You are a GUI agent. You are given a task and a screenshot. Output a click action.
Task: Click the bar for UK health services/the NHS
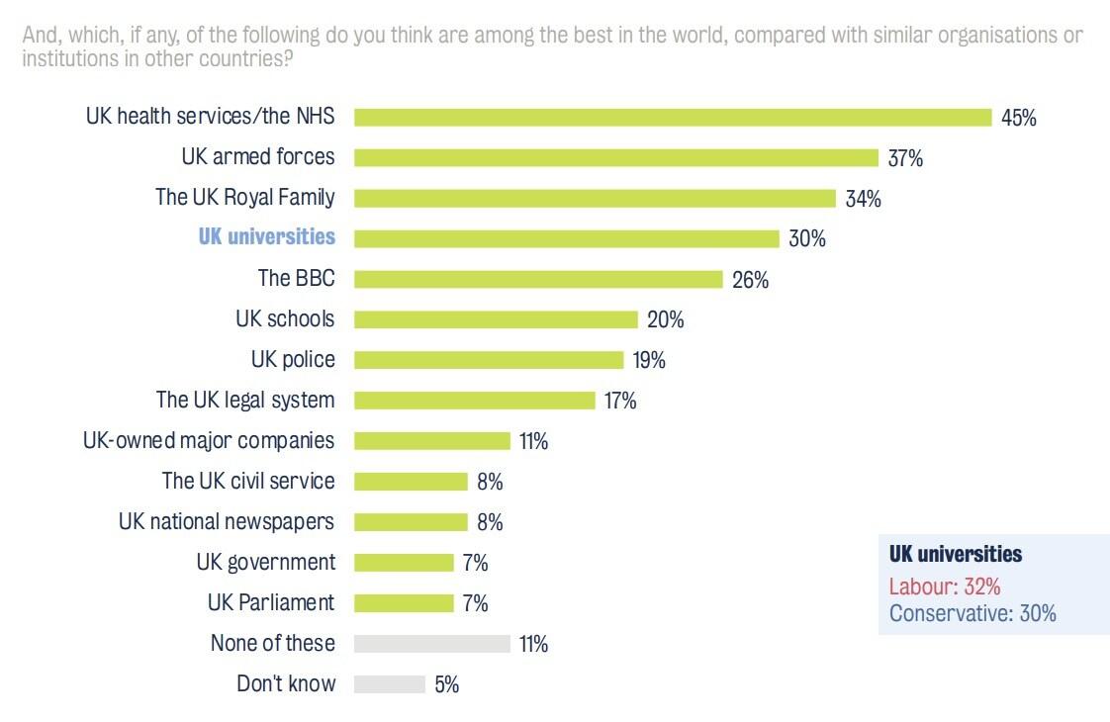coord(673,117)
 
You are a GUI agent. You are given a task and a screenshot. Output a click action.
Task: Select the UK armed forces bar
coord(616,157)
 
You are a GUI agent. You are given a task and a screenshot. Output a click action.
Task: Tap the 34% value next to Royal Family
coord(863,198)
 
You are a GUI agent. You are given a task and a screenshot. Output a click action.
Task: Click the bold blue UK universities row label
coord(266,237)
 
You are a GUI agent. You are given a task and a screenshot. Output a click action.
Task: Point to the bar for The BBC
coord(538,279)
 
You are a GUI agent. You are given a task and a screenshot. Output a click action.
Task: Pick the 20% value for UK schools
coord(665,319)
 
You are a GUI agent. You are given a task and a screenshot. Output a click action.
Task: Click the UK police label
coord(293,359)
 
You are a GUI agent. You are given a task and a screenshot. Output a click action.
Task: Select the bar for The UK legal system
coord(475,400)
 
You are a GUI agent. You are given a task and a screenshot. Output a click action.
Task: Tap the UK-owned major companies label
coord(209,440)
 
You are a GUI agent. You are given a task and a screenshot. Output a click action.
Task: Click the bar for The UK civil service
coord(411,482)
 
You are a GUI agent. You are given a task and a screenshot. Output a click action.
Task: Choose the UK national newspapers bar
coord(411,521)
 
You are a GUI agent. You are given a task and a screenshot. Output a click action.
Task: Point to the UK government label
coord(265,562)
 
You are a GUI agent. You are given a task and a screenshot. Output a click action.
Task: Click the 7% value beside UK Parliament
coord(475,602)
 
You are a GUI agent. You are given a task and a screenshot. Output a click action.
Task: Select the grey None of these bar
coord(431,643)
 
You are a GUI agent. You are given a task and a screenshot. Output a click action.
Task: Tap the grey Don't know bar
coord(389,683)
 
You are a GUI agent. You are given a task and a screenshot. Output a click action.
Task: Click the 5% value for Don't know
coord(446,683)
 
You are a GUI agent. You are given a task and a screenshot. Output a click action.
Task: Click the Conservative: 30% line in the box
coord(971,613)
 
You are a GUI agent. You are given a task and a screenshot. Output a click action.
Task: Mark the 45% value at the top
coord(1018,118)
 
